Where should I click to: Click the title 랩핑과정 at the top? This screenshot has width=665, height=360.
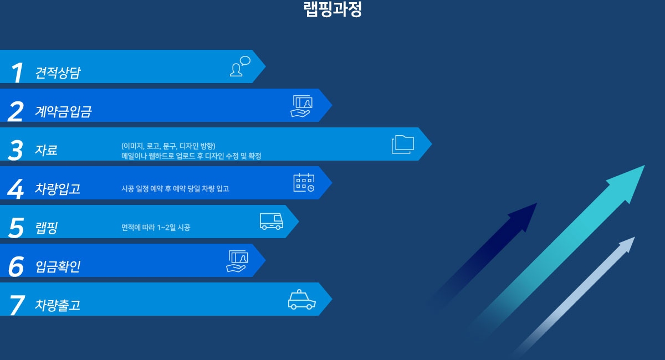pyautogui.click(x=332, y=9)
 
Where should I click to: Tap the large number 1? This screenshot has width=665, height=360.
pyautogui.click(x=17, y=73)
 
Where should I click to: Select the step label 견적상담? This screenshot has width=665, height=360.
pyautogui.click(x=58, y=73)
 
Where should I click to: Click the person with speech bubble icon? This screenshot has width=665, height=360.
pyautogui.click(x=240, y=66)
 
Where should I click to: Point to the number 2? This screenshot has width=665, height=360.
pyautogui.click(x=16, y=111)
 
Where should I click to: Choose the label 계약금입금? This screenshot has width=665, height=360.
pyautogui.click(x=63, y=111)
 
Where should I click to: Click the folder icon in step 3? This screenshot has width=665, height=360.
pyautogui.click(x=402, y=145)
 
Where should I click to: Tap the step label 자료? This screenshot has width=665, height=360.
pyautogui.click(x=46, y=150)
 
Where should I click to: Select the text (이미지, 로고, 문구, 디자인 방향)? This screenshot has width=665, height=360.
pyautogui.click(x=168, y=146)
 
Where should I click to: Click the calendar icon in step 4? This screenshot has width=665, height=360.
pyautogui.click(x=304, y=183)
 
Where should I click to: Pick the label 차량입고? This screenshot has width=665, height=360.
pyautogui.click(x=58, y=189)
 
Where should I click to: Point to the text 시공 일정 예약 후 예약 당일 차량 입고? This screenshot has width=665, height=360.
pyautogui.click(x=175, y=189)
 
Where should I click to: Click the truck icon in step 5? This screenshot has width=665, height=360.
pyautogui.click(x=272, y=221)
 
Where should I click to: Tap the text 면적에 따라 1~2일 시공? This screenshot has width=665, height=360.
pyautogui.click(x=156, y=228)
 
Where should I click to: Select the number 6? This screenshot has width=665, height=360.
pyautogui.click(x=16, y=266)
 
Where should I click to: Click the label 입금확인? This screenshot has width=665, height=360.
pyautogui.click(x=58, y=266)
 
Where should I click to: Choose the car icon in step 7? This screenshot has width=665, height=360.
pyautogui.click(x=301, y=300)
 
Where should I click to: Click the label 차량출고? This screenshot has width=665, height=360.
pyautogui.click(x=58, y=305)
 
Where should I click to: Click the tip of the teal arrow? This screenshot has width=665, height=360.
pyautogui.click(x=645, y=165)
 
